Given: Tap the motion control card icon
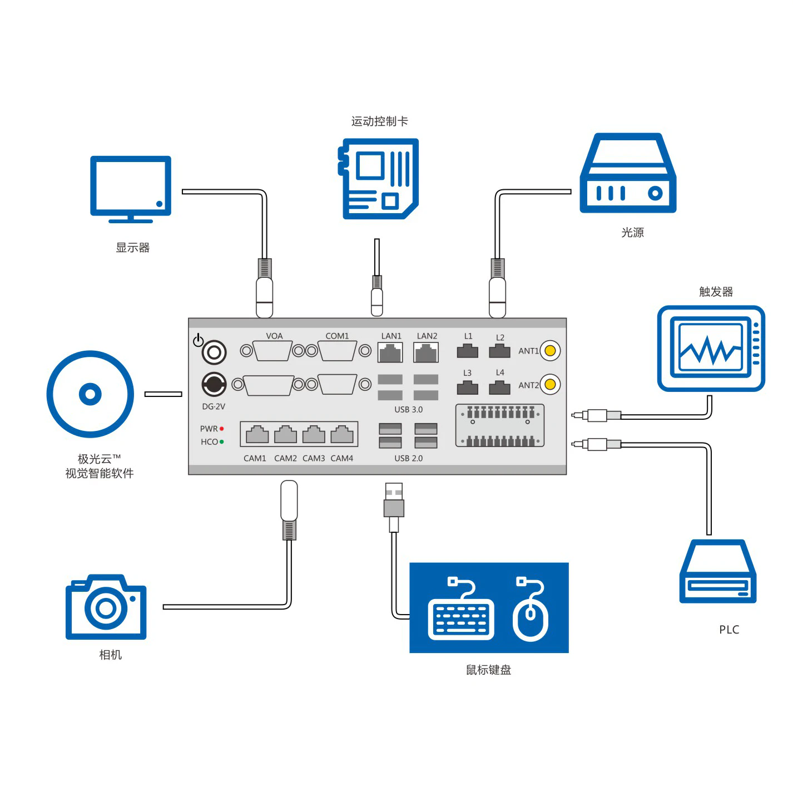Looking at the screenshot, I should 379,179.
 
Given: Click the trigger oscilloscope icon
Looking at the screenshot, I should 711,348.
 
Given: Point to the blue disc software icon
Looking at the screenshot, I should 90,394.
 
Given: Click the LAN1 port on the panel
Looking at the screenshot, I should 390,352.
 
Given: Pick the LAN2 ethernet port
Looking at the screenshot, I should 426,352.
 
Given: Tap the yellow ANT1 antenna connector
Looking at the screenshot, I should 550,351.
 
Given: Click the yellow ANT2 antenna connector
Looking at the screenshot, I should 550,384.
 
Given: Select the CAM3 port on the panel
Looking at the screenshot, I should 314,434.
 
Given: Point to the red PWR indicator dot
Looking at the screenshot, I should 221,429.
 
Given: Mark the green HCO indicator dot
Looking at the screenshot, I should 221,441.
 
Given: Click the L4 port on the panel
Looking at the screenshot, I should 499,387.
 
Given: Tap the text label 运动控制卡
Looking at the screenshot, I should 379,121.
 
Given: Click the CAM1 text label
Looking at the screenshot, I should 255,458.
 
